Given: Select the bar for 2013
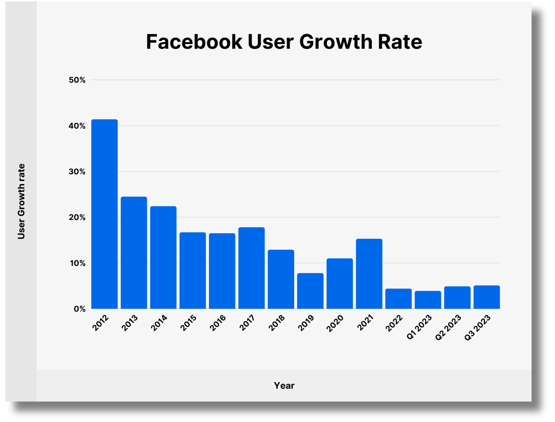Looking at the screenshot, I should coord(134,252).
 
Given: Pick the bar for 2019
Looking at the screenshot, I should coord(310,291).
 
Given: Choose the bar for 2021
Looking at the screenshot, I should coord(369,274).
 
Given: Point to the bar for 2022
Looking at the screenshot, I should coord(398,299).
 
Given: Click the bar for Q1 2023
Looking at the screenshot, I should coord(428,300).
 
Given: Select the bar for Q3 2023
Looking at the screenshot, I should coord(487,297).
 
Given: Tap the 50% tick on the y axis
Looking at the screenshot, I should coord(77,80).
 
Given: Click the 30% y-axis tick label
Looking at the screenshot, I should coord(77,172).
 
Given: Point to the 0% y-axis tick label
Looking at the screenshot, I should coord(79,309).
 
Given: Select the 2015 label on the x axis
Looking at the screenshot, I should coord(189,323).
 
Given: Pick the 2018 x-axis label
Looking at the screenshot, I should coord(277,323).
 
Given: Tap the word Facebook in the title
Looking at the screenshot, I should coord(194,42).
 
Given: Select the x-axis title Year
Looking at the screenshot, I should coord(284,385).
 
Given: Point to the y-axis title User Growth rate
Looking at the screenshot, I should coord(21,201).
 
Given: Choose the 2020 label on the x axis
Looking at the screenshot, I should coord(335,323).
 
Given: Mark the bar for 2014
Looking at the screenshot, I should coord(163,257).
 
